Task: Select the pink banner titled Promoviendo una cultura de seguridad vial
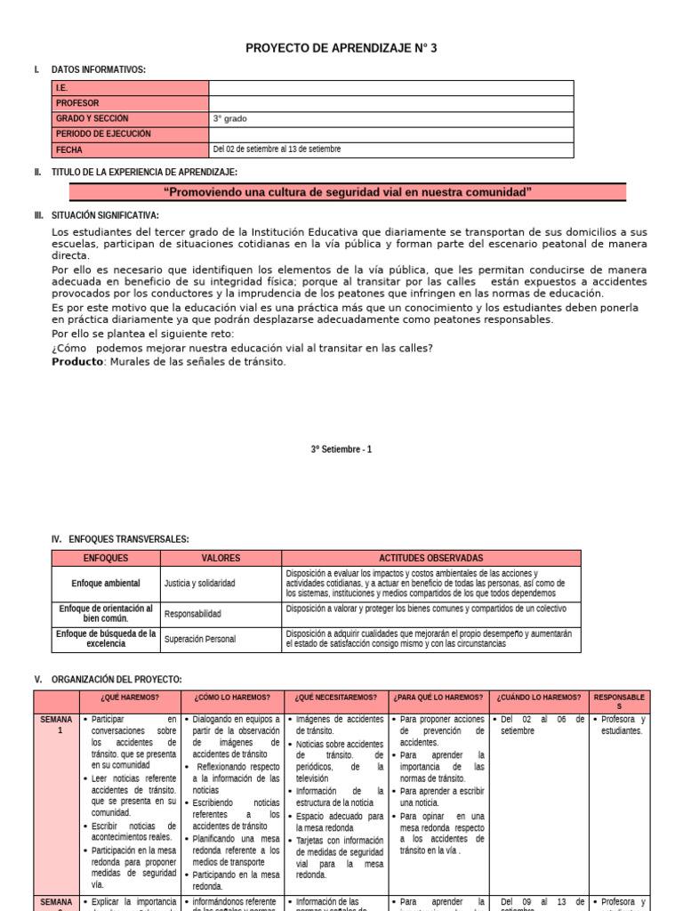click(x=348, y=192)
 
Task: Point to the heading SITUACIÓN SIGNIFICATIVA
click(x=105, y=215)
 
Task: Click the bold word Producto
click(x=77, y=361)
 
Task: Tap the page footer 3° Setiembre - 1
click(x=341, y=449)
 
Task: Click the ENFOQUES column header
click(x=106, y=558)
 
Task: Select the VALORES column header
click(x=221, y=558)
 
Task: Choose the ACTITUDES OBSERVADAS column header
click(x=431, y=558)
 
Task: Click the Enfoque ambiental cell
click(x=106, y=584)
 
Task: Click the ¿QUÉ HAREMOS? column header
click(x=130, y=697)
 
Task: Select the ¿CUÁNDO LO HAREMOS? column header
click(x=539, y=697)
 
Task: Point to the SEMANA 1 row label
click(x=56, y=724)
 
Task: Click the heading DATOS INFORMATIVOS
click(x=99, y=69)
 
